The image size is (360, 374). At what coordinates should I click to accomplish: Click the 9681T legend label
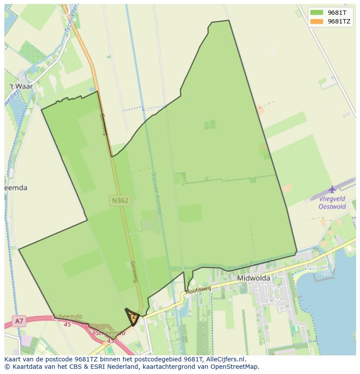(337, 13)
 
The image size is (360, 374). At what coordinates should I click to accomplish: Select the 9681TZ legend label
(339, 21)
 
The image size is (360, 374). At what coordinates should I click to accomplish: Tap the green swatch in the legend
(317, 13)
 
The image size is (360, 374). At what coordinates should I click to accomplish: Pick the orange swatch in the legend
(317, 21)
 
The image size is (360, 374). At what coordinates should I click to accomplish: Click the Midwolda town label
(253, 278)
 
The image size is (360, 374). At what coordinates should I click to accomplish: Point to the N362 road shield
(120, 200)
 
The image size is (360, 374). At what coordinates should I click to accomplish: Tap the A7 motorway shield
(19, 321)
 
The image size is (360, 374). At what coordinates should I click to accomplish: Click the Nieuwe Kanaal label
(157, 193)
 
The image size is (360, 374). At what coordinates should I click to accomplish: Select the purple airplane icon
(332, 189)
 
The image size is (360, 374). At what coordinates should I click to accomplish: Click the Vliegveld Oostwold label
(333, 202)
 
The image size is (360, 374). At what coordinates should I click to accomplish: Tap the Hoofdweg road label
(198, 290)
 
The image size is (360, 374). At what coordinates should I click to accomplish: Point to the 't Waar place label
(21, 86)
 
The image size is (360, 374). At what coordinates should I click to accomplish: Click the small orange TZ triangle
(133, 317)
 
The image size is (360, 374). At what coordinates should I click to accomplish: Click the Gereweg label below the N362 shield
(134, 271)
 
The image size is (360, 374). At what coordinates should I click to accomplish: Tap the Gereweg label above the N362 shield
(104, 124)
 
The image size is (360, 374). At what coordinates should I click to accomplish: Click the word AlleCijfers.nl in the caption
(226, 359)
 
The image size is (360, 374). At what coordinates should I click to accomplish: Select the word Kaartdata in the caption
(25, 366)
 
